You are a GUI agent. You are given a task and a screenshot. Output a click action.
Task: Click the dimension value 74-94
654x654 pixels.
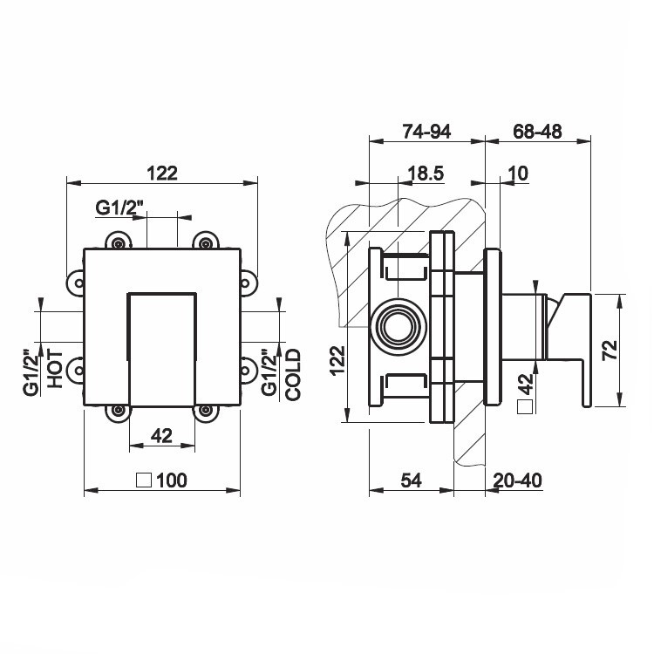[x=426, y=132]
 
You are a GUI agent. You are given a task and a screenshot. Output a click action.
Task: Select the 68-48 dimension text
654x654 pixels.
[x=537, y=132]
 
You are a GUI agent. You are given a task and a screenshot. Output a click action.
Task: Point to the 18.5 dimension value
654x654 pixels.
[x=426, y=174]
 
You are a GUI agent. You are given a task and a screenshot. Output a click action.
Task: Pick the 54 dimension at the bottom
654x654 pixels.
[x=412, y=480]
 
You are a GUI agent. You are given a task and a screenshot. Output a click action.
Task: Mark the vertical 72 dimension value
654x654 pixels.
[x=610, y=348]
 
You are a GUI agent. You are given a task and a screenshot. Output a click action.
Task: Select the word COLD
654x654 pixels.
[x=293, y=374]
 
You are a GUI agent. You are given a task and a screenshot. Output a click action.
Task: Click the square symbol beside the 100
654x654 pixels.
[x=146, y=479]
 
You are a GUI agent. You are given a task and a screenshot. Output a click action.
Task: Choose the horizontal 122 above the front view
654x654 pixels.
[x=162, y=173]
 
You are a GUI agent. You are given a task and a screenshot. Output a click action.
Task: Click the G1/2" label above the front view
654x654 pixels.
[x=120, y=208]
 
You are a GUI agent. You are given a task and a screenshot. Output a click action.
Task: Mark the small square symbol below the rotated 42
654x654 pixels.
[x=524, y=407]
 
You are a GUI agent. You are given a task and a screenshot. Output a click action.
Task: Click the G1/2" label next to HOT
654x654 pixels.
[x=31, y=373]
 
